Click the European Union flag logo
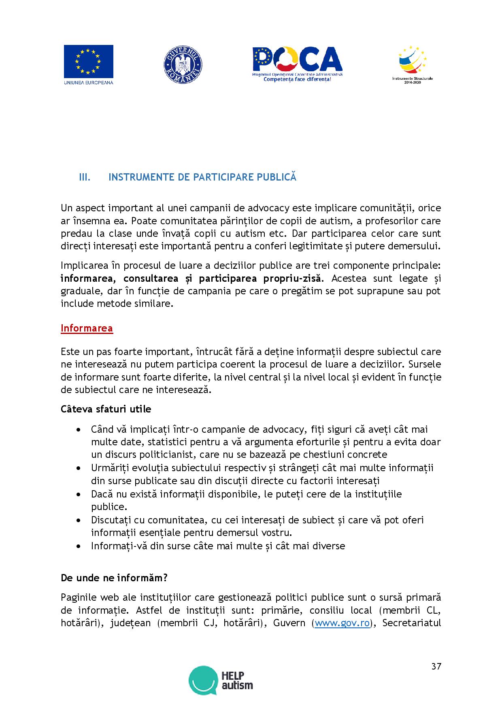[x=88, y=62]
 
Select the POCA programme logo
[x=297, y=62]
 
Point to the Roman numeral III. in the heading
[x=84, y=177]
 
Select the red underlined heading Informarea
[x=87, y=328]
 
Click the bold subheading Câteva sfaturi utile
[x=106, y=409]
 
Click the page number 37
[x=436, y=666]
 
